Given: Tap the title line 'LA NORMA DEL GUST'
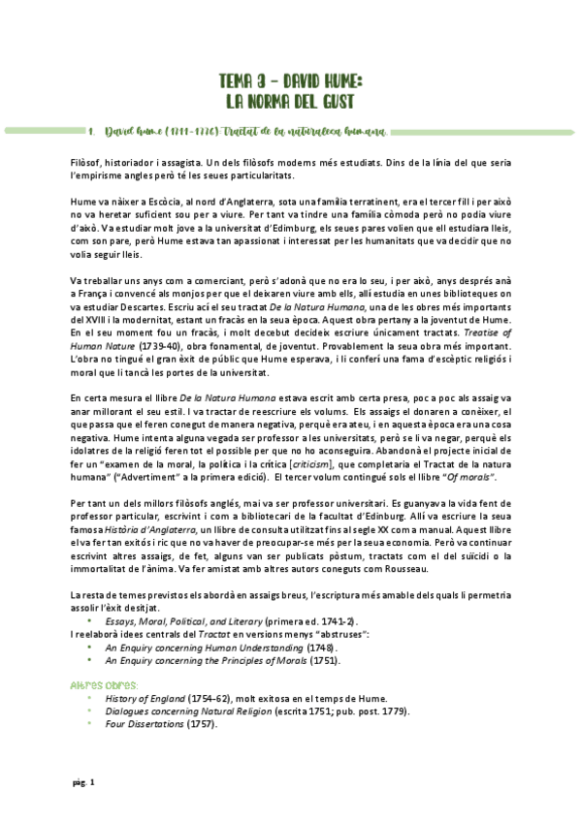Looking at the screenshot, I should click(290, 100).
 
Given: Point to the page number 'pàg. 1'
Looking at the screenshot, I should click(83, 782).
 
